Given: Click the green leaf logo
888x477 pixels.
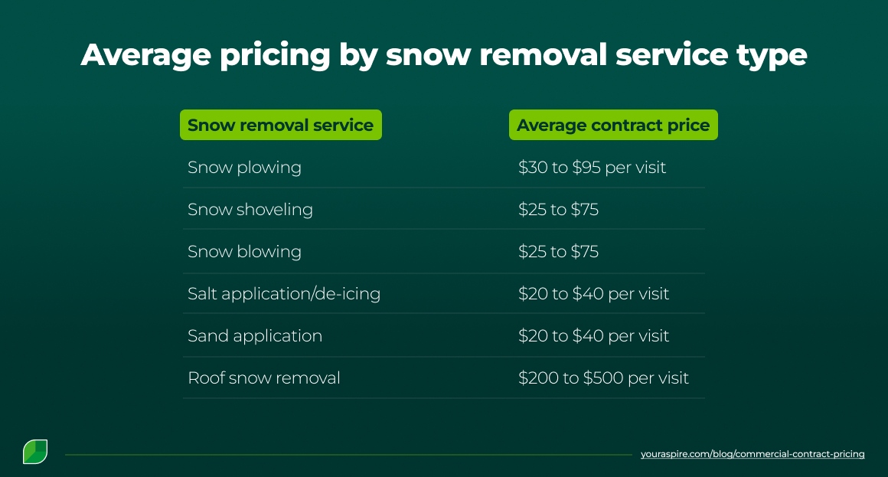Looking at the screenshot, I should (35, 452).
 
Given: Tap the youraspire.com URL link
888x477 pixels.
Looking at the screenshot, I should (753, 454).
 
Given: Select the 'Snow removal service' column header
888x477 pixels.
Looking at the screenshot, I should (280, 125).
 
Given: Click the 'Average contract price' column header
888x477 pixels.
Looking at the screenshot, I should (613, 125).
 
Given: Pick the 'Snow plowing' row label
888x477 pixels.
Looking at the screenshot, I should (244, 167).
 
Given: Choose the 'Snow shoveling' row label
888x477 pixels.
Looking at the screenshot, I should (250, 209).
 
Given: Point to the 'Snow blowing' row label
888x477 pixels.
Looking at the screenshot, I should (244, 251).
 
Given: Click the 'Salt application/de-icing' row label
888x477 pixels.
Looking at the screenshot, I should (284, 293).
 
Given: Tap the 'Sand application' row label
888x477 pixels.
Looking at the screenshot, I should (255, 335).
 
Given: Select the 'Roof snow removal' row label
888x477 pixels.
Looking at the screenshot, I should (264, 377).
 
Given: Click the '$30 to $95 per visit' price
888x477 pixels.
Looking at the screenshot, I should (592, 167).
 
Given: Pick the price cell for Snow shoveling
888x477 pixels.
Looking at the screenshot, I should (558, 209).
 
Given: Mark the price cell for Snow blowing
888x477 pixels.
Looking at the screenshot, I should (558, 251).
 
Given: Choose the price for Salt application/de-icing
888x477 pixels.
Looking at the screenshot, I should (593, 293).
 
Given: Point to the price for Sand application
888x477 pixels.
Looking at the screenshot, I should (593, 335).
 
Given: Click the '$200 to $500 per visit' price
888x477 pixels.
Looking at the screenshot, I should (603, 377).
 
